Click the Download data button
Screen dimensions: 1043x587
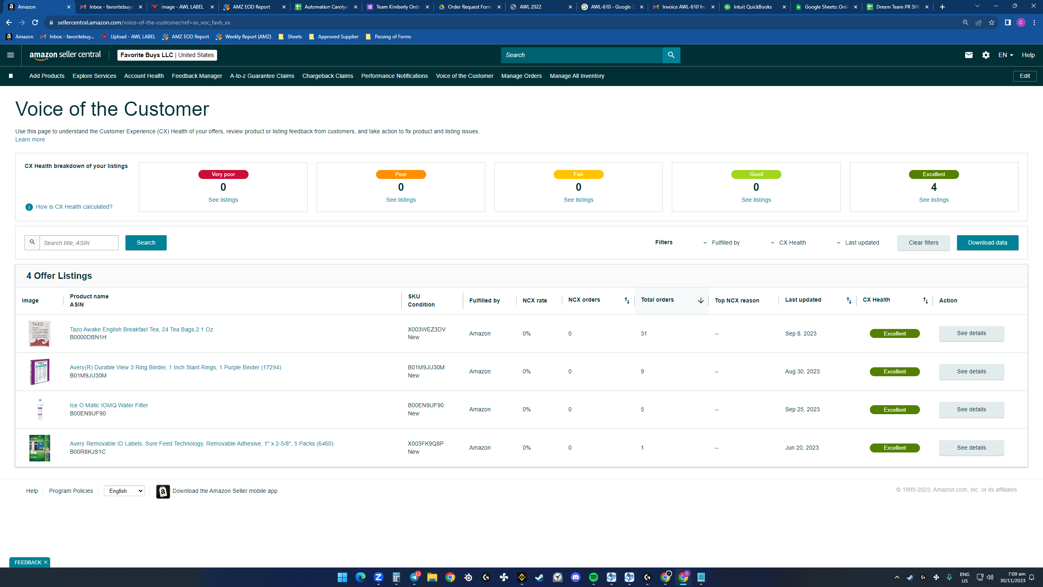pos(987,243)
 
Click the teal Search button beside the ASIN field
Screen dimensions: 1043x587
pos(146,243)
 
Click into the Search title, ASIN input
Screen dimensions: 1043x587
pos(79,243)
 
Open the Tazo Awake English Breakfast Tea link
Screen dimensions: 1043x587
pos(141,329)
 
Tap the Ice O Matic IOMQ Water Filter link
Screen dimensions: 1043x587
pos(109,405)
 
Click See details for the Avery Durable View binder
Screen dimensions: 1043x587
pos(971,371)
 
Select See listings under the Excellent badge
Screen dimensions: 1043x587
pos(934,200)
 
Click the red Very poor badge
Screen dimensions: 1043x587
pos(223,174)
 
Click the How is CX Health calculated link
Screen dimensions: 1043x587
pos(74,207)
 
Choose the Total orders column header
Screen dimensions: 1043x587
pos(657,300)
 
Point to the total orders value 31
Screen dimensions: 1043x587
pos(644,333)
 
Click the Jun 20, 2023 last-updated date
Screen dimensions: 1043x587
pos(802,448)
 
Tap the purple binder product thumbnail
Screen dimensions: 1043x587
pos(40,371)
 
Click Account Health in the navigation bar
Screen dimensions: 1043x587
pos(144,76)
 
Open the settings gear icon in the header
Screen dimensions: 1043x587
pos(986,55)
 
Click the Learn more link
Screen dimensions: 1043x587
pos(30,139)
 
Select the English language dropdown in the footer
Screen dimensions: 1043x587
pos(124,491)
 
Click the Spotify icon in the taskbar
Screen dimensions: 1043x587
pos(593,577)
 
